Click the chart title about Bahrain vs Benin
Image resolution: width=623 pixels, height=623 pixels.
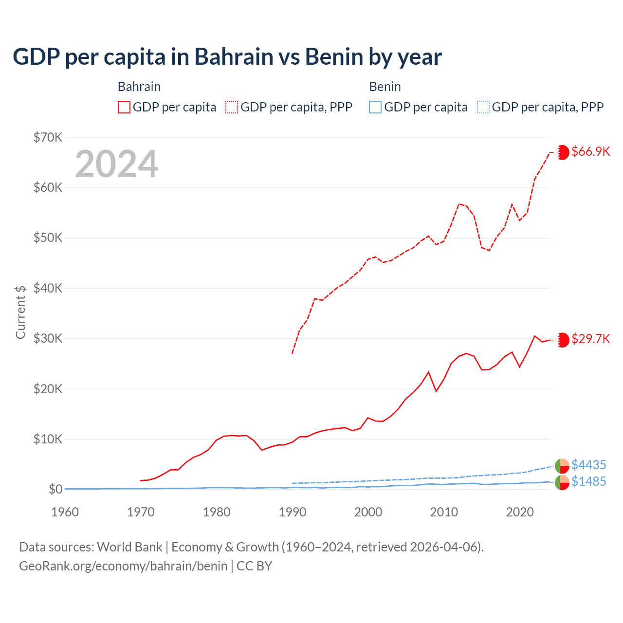(227, 57)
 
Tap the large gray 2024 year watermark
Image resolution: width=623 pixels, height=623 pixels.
(117, 164)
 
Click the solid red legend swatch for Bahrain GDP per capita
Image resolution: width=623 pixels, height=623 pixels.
(124, 107)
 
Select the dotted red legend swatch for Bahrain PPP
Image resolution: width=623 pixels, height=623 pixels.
(232, 107)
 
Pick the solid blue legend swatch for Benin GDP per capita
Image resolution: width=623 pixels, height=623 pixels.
(375, 107)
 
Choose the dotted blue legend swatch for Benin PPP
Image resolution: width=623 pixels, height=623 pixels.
(483, 107)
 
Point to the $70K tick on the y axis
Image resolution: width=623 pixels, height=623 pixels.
(48, 137)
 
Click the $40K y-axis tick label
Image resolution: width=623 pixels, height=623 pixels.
(48, 288)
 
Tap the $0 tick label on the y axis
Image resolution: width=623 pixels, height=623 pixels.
(55, 489)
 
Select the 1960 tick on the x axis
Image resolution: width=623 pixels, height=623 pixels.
(65, 512)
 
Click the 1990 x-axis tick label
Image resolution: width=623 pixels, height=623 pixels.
(293, 512)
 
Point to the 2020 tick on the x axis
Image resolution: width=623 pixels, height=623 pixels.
(520, 512)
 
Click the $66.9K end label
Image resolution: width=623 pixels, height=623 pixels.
(590, 151)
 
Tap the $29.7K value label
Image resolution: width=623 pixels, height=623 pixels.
(590, 339)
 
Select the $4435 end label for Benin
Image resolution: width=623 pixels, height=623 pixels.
(589, 465)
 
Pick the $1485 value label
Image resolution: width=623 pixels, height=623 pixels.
(589, 481)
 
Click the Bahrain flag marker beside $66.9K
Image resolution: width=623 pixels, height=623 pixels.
(563, 152)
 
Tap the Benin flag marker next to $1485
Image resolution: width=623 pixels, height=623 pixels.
(562, 482)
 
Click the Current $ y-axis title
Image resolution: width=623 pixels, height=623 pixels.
(20, 312)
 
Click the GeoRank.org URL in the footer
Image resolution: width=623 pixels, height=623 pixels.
(123, 566)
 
